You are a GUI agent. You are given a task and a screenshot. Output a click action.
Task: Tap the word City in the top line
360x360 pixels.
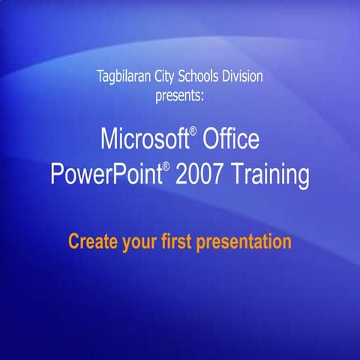pos(170,76)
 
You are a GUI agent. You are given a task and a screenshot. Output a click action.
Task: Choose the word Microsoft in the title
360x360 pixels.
pos(142,139)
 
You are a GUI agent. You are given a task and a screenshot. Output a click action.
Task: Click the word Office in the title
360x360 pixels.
pos(229,139)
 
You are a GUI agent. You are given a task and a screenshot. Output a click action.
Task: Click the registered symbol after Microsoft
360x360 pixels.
pos(193,132)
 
